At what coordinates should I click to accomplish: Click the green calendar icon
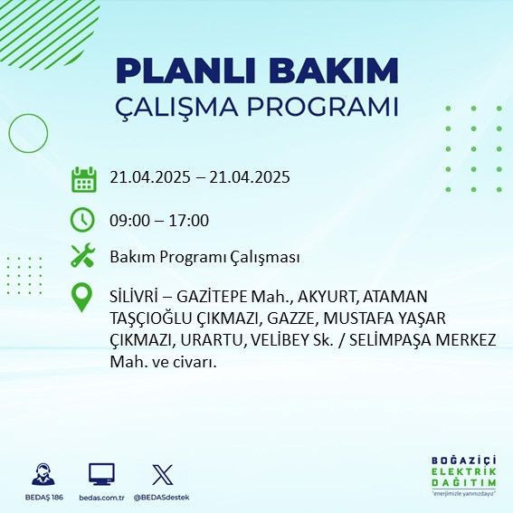pyautogui.click(x=83, y=178)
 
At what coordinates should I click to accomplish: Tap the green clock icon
pyautogui.click(x=83, y=220)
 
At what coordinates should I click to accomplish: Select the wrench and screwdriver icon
pyautogui.click(x=83, y=257)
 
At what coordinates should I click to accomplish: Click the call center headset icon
pyautogui.click(x=41, y=474)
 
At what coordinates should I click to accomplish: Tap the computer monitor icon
pyautogui.click(x=101, y=474)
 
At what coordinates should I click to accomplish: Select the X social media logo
pyautogui.click(x=162, y=474)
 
